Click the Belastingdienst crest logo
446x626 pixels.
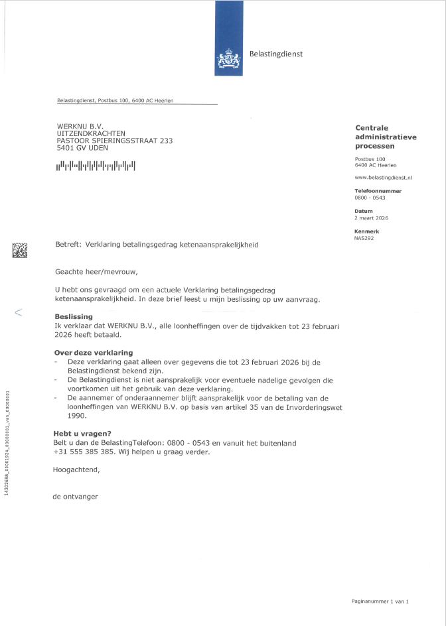(228, 62)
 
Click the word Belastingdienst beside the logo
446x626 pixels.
(275, 54)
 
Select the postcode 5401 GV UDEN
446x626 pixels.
(82, 148)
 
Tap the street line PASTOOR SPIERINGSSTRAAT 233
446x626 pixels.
(114, 141)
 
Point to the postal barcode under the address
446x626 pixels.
(96, 166)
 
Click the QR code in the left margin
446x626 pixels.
(20, 250)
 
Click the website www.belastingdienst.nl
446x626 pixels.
(384, 178)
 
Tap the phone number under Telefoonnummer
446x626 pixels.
(370, 198)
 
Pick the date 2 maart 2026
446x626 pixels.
(372, 218)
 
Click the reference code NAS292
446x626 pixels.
(364, 237)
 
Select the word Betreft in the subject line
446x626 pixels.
(68, 245)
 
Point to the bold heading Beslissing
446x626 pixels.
(73, 316)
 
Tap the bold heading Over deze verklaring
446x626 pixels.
(93, 352)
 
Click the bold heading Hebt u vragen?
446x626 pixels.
(82, 433)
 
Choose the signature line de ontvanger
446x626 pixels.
(75, 496)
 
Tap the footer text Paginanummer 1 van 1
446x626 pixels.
(380, 601)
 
